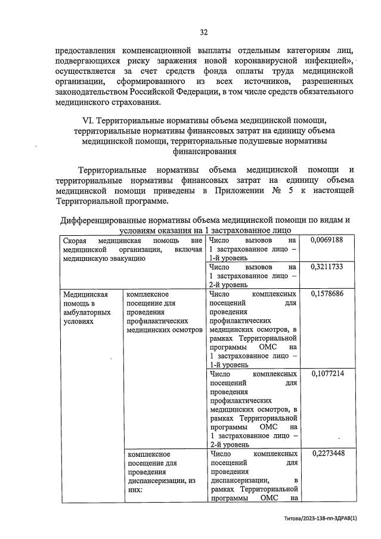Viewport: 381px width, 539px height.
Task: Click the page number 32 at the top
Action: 203,32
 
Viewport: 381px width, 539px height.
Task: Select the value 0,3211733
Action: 327,266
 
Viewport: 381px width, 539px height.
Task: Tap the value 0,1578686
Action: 327,294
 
